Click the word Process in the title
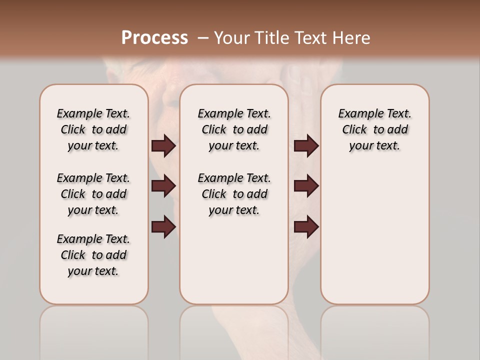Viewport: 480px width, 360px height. point(154,37)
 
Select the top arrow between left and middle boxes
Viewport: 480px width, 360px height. point(163,146)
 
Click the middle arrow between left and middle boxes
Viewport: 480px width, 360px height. point(163,186)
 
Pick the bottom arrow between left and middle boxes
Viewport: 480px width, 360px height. point(163,227)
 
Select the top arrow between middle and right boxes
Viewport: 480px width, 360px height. point(306,146)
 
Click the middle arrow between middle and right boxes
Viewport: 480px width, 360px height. point(306,186)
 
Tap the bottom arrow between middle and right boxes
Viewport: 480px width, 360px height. point(306,227)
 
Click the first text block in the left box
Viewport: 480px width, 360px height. point(93,129)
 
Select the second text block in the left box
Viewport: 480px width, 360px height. point(93,194)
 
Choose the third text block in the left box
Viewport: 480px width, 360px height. point(93,255)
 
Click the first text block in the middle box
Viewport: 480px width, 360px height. point(234,129)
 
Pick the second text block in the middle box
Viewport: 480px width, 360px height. point(234,194)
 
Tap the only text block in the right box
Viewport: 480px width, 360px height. point(374,129)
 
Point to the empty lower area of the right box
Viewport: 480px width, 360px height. point(374,235)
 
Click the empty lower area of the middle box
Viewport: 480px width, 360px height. point(234,260)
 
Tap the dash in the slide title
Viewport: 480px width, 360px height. point(203,37)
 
